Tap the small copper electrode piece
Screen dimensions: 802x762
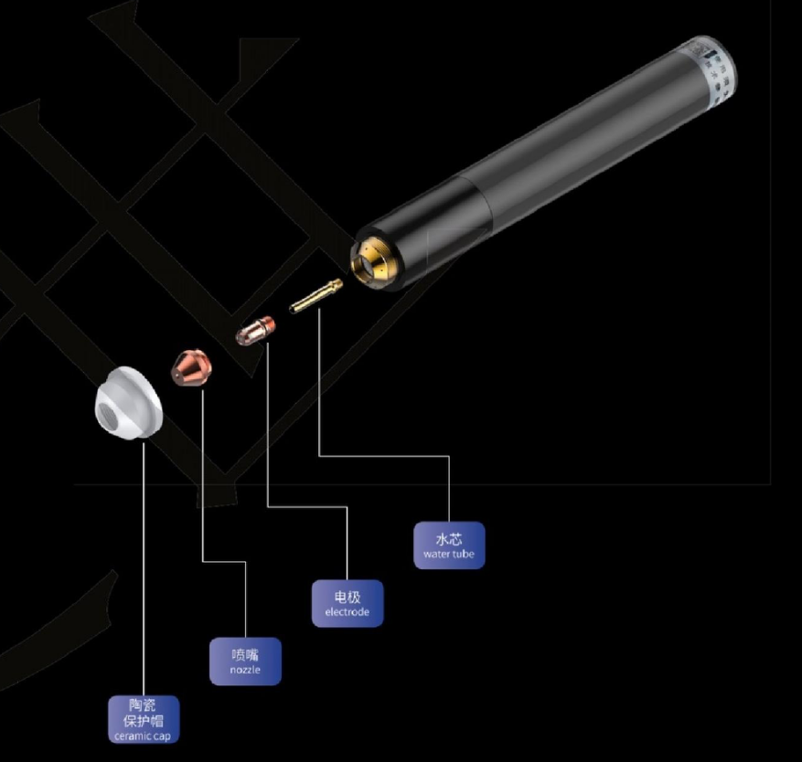pyautogui.click(x=255, y=330)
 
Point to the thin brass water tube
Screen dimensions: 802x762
pyautogui.click(x=315, y=296)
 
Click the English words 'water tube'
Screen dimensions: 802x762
pyautogui.click(x=449, y=554)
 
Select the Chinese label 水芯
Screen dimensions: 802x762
pyautogui.click(x=449, y=539)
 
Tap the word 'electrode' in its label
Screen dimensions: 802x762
pyautogui.click(x=347, y=612)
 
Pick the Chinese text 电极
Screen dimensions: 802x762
pyautogui.click(x=348, y=597)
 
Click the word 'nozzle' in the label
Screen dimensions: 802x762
pyautogui.click(x=245, y=670)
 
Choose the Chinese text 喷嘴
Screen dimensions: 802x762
pyautogui.click(x=245, y=655)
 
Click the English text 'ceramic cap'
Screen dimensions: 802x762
pyautogui.click(x=143, y=736)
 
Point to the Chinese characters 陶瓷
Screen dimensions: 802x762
pyautogui.click(x=142, y=705)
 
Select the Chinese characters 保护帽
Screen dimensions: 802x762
pyautogui.click(x=144, y=721)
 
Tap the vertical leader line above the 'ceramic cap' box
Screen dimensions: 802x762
pyautogui.click(x=144, y=569)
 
